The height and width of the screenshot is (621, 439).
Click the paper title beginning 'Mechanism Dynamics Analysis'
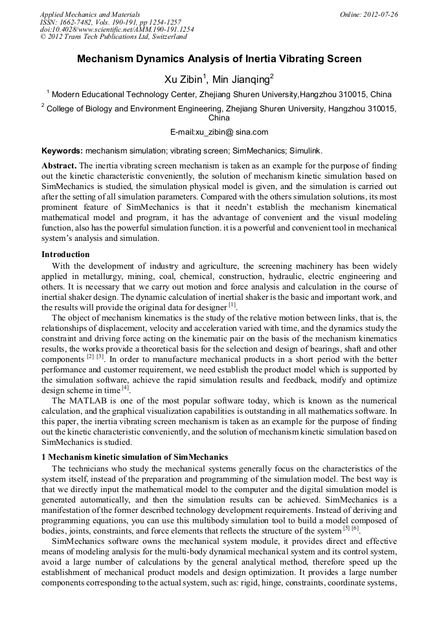pos(219,59)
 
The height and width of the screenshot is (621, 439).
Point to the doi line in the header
pos(117,29)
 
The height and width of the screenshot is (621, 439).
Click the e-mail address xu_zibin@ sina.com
pos(219,132)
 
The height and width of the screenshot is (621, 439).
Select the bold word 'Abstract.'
pos(60,165)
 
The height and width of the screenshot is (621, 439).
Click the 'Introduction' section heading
pos(65,254)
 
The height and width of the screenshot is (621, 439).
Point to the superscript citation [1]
pos(232,305)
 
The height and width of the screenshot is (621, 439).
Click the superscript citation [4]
pos(126,388)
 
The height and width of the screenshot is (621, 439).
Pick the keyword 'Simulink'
pos(304,150)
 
